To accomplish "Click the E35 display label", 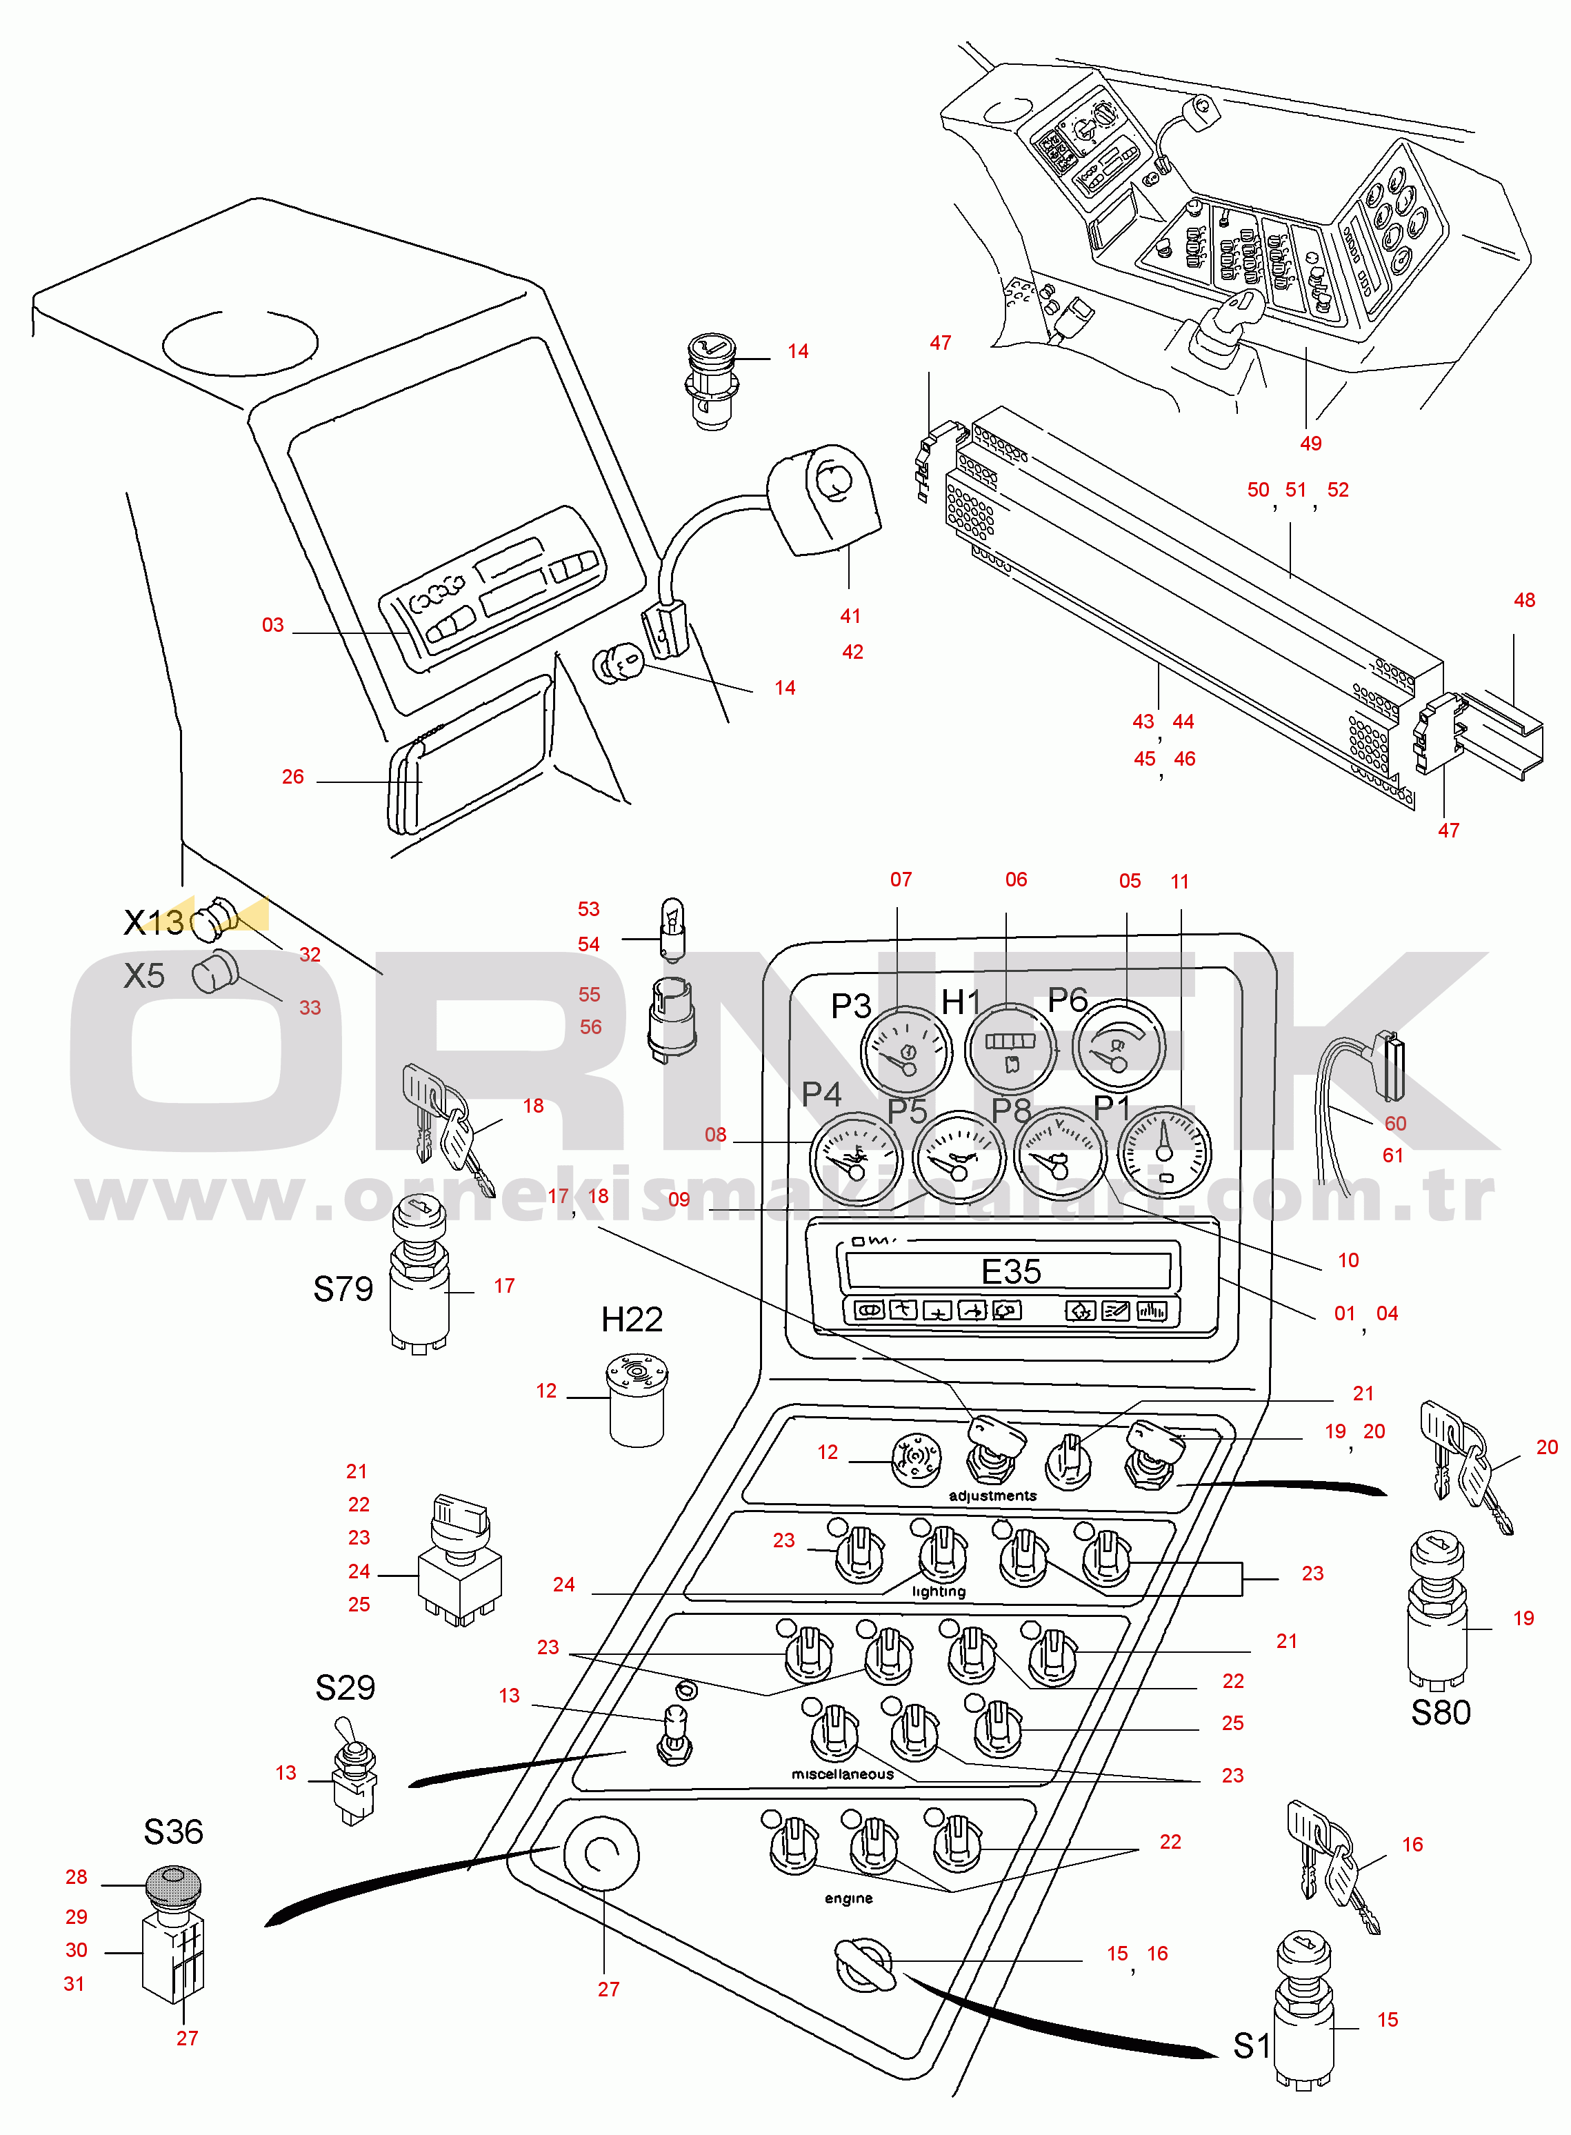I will (1011, 1271).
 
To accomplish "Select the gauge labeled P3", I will (905, 1051).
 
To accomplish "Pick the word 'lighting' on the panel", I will (938, 1591).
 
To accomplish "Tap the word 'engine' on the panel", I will (848, 1898).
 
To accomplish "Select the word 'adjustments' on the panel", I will (992, 1496).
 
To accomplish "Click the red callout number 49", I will (1310, 443).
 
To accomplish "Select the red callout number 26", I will (293, 777).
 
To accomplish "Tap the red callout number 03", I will (273, 625).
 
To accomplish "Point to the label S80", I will (1440, 1713).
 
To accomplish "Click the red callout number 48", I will (1523, 600).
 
